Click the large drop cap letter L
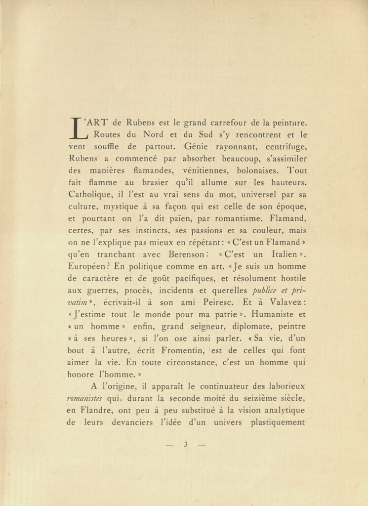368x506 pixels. coord(78,127)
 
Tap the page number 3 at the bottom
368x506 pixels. coord(186,444)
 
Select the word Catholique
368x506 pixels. coord(90,195)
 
